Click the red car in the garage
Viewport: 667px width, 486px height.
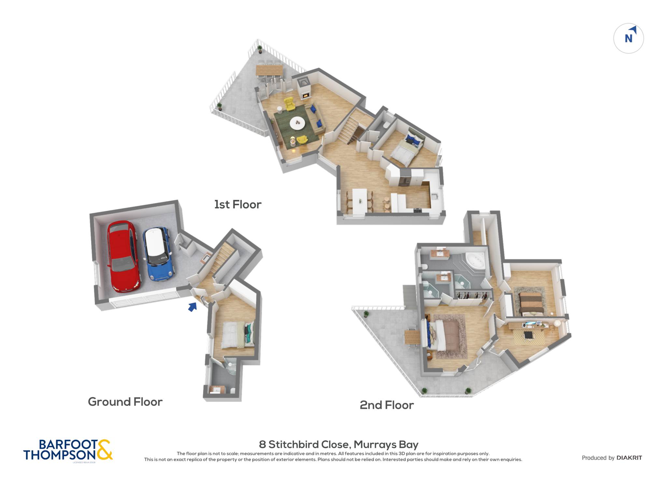click(x=124, y=256)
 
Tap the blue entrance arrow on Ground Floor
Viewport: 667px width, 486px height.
click(x=193, y=307)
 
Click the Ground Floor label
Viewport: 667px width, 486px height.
click(x=125, y=402)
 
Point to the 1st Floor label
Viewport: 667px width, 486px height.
click(x=238, y=205)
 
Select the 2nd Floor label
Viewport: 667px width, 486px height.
click(x=387, y=405)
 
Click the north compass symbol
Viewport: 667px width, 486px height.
click(x=629, y=38)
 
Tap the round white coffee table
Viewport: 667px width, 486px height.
click(x=297, y=123)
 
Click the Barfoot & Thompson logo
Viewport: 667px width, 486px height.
click(x=68, y=450)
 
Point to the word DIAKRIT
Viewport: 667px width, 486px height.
click(x=629, y=458)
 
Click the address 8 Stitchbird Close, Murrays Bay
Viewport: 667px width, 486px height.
click(x=339, y=444)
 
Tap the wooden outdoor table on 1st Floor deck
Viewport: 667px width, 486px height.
click(x=269, y=70)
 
